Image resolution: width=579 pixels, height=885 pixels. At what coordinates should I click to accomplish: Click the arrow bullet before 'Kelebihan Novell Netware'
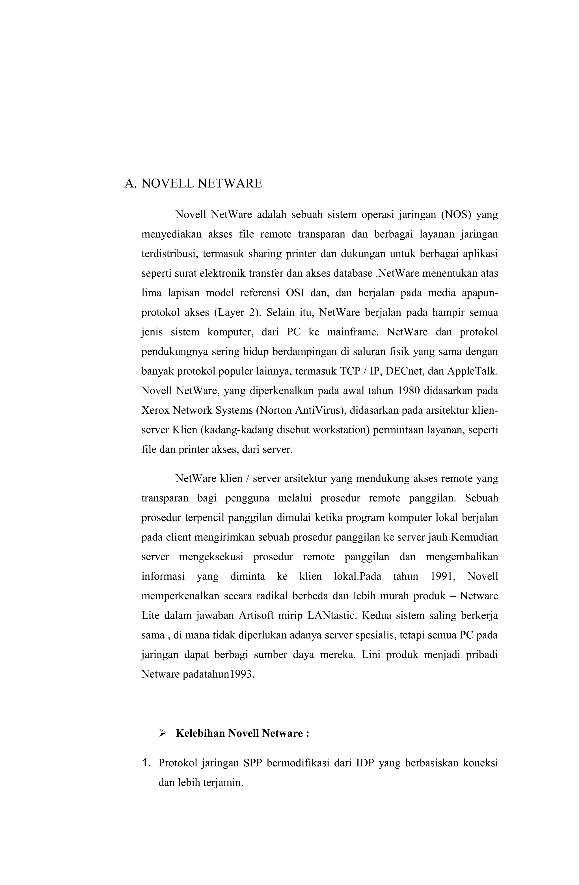tap(162, 733)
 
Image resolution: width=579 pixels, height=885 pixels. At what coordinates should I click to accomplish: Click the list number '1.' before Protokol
tap(146, 763)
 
